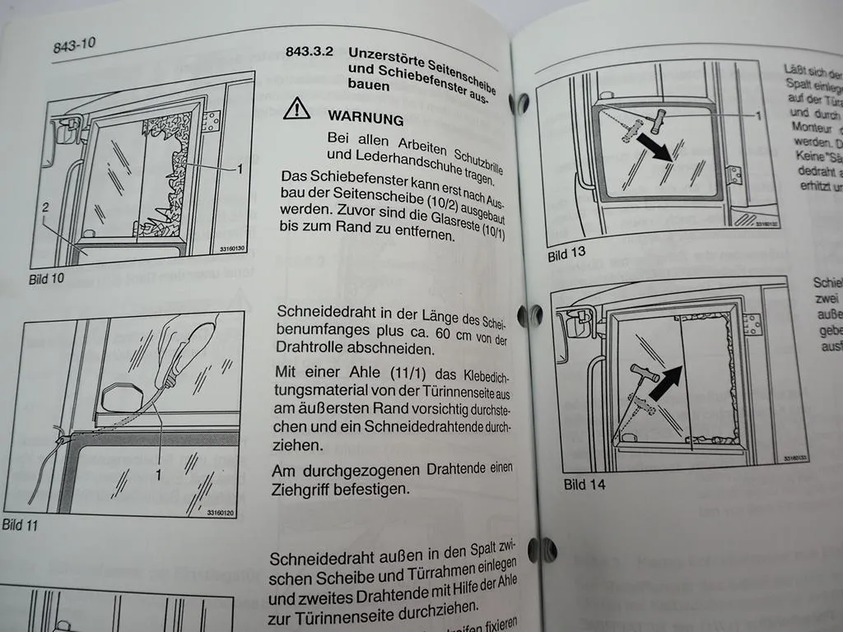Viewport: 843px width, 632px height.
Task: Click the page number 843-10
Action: pyautogui.click(x=75, y=44)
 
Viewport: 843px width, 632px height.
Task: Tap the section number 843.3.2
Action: pyautogui.click(x=308, y=51)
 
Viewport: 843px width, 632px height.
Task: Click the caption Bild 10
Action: pyautogui.click(x=46, y=279)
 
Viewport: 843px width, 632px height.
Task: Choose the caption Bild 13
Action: pyautogui.click(x=566, y=253)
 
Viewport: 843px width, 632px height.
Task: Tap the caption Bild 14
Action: pyautogui.click(x=584, y=485)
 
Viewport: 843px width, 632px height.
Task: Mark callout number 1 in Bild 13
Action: pyautogui.click(x=758, y=116)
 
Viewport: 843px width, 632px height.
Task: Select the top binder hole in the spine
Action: pyautogui.click(x=519, y=103)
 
